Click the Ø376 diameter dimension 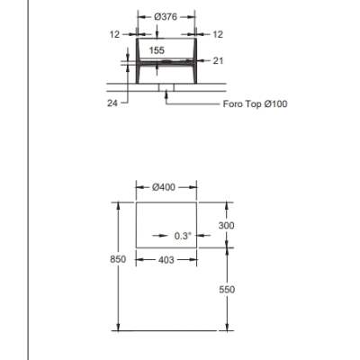pos(166,17)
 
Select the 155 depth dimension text pos(157,50)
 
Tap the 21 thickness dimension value pos(218,61)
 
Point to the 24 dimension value pos(112,103)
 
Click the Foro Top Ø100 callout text pos(255,104)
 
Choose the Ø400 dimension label pos(164,187)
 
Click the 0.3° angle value pos(183,236)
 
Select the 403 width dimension pos(166,260)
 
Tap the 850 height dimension pos(118,259)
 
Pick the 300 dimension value pos(226,225)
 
